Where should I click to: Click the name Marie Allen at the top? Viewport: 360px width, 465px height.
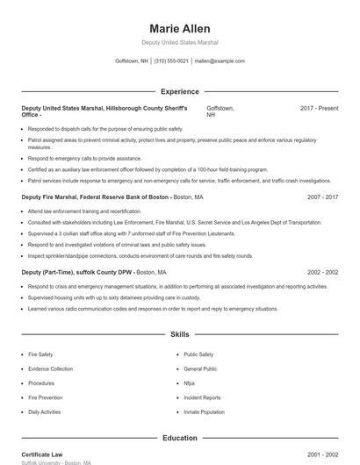click(x=179, y=28)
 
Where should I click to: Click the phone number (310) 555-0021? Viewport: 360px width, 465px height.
click(x=171, y=61)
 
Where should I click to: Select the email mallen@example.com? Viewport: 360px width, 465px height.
click(x=220, y=61)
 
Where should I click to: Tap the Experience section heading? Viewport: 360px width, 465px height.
click(x=179, y=91)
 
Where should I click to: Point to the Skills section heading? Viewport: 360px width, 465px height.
click(x=179, y=334)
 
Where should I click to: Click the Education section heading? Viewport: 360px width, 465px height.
click(x=179, y=437)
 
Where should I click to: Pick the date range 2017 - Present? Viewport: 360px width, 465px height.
click(x=319, y=108)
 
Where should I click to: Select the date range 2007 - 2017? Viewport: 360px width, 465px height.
click(x=321, y=197)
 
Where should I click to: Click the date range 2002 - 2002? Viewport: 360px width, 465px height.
click(x=321, y=273)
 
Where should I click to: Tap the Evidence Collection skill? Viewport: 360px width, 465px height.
click(x=51, y=368)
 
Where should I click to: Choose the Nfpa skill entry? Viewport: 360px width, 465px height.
click(x=190, y=383)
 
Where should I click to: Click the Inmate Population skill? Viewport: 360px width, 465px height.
click(x=205, y=411)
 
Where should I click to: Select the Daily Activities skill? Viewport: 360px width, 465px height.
click(x=45, y=411)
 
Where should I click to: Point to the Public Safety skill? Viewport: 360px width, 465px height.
click(x=198, y=354)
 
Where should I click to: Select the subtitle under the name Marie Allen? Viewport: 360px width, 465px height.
click(x=179, y=43)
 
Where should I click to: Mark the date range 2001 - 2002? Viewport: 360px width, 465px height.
click(x=321, y=454)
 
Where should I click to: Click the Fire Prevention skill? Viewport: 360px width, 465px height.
click(x=46, y=397)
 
